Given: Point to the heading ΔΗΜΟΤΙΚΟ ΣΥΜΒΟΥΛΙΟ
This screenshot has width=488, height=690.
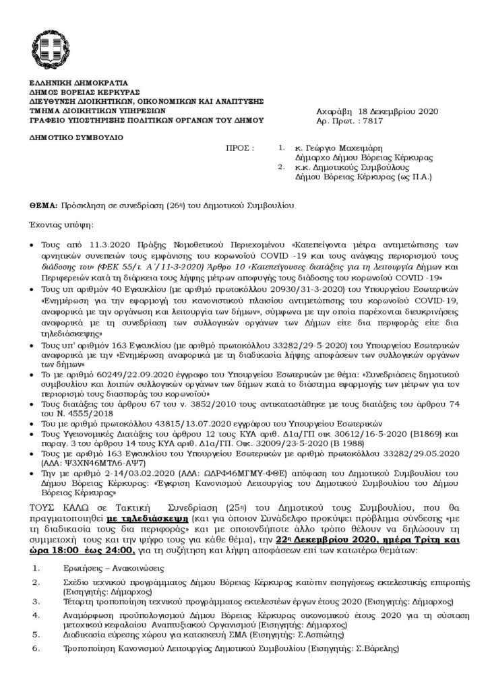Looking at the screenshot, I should tap(76, 137).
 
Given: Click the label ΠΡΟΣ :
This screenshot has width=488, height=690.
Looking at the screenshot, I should tap(241, 146).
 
